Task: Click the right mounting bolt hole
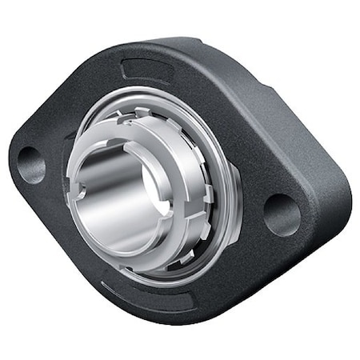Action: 282,214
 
